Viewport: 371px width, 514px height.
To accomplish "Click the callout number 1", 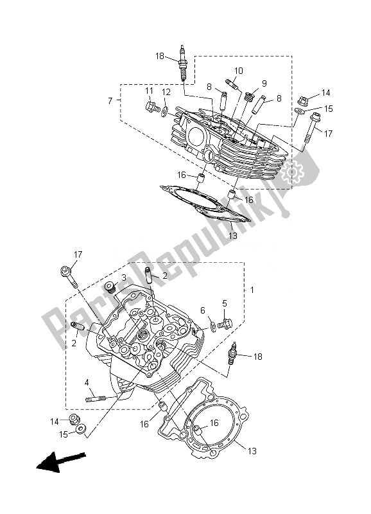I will (x=252, y=290).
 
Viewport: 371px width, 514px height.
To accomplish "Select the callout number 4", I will (x=86, y=382).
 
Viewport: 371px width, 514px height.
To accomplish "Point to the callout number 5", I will (x=225, y=304).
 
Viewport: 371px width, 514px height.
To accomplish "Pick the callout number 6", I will (x=203, y=310).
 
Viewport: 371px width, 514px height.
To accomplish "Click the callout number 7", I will (x=110, y=101).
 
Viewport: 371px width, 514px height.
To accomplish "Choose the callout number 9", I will (x=264, y=83).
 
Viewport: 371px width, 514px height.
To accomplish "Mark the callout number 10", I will (x=239, y=71).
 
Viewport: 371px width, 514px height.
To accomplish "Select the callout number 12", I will (x=166, y=93).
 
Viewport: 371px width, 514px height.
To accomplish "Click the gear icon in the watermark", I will (x=297, y=172).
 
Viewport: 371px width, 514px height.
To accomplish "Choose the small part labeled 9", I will (x=250, y=96).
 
